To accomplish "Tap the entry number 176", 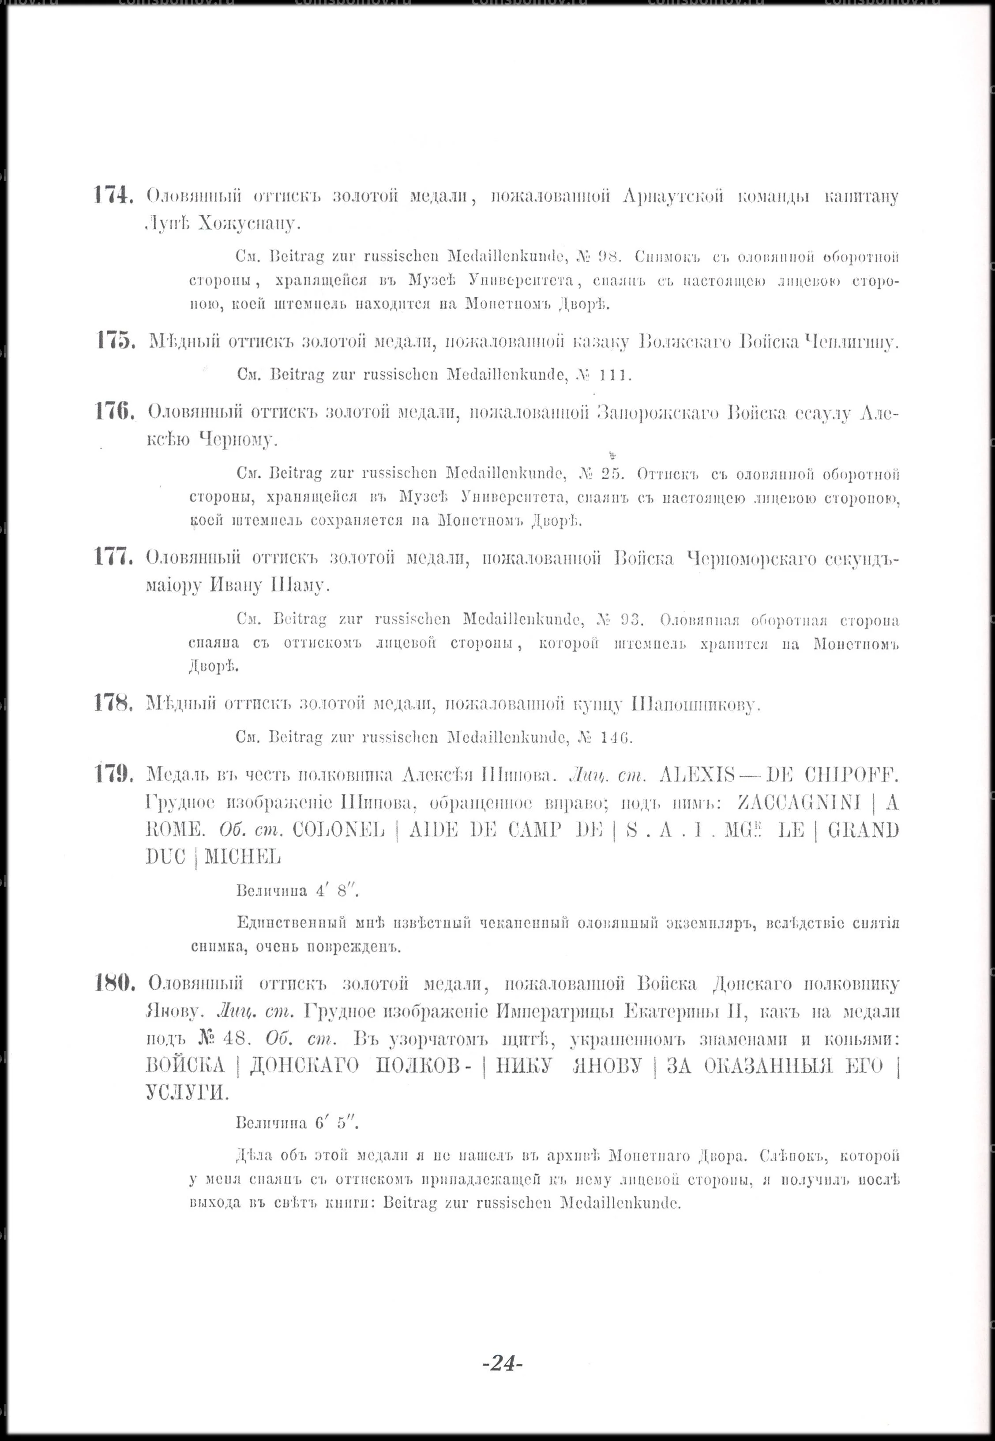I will [114, 412].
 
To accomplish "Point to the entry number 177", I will [113, 557].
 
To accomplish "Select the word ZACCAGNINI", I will [799, 802].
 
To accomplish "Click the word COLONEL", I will [338, 830].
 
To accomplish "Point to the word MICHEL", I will [243, 857].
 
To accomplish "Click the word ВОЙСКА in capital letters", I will [184, 1065].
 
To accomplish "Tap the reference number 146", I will [616, 738].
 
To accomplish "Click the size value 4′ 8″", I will [337, 891].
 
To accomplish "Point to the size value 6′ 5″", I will [337, 1123].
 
